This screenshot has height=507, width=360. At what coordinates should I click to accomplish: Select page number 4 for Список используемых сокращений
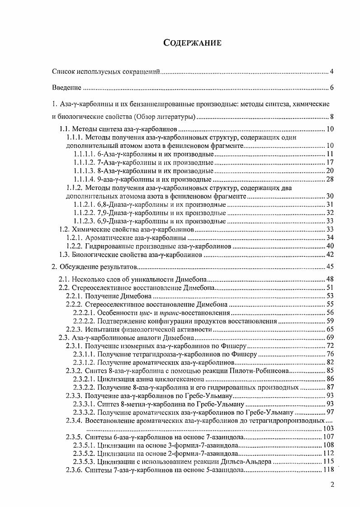(332, 71)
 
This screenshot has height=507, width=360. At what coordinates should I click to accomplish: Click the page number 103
(328, 428)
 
